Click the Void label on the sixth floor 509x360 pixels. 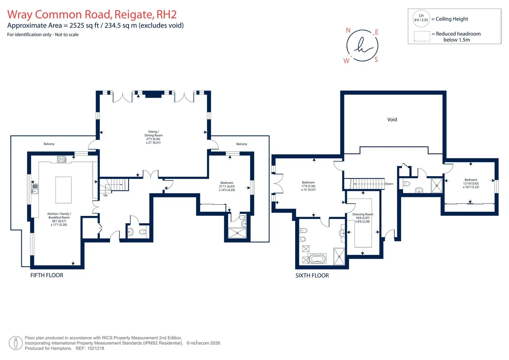click(x=392, y=119)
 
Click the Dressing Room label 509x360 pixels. click(x=363, y=214)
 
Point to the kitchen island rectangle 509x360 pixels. click(x=63, y=190)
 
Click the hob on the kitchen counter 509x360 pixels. click(x=62, y=159)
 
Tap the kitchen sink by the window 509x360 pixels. click(x=35, y=189)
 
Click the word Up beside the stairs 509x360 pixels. click(x=105, y=195)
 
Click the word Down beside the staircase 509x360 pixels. click(x=389, y=183)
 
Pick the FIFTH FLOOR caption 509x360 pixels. click(x=47, y=275)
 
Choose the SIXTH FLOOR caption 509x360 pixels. click(x=312, y=275)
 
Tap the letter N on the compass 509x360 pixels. click(x=348, y=30)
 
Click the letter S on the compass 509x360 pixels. click(x=376, y=60)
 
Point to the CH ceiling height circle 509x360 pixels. click(x=421, y=18)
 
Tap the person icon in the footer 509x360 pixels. click(x=16, y=343)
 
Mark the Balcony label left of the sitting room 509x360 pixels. click(x=49, y=144)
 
